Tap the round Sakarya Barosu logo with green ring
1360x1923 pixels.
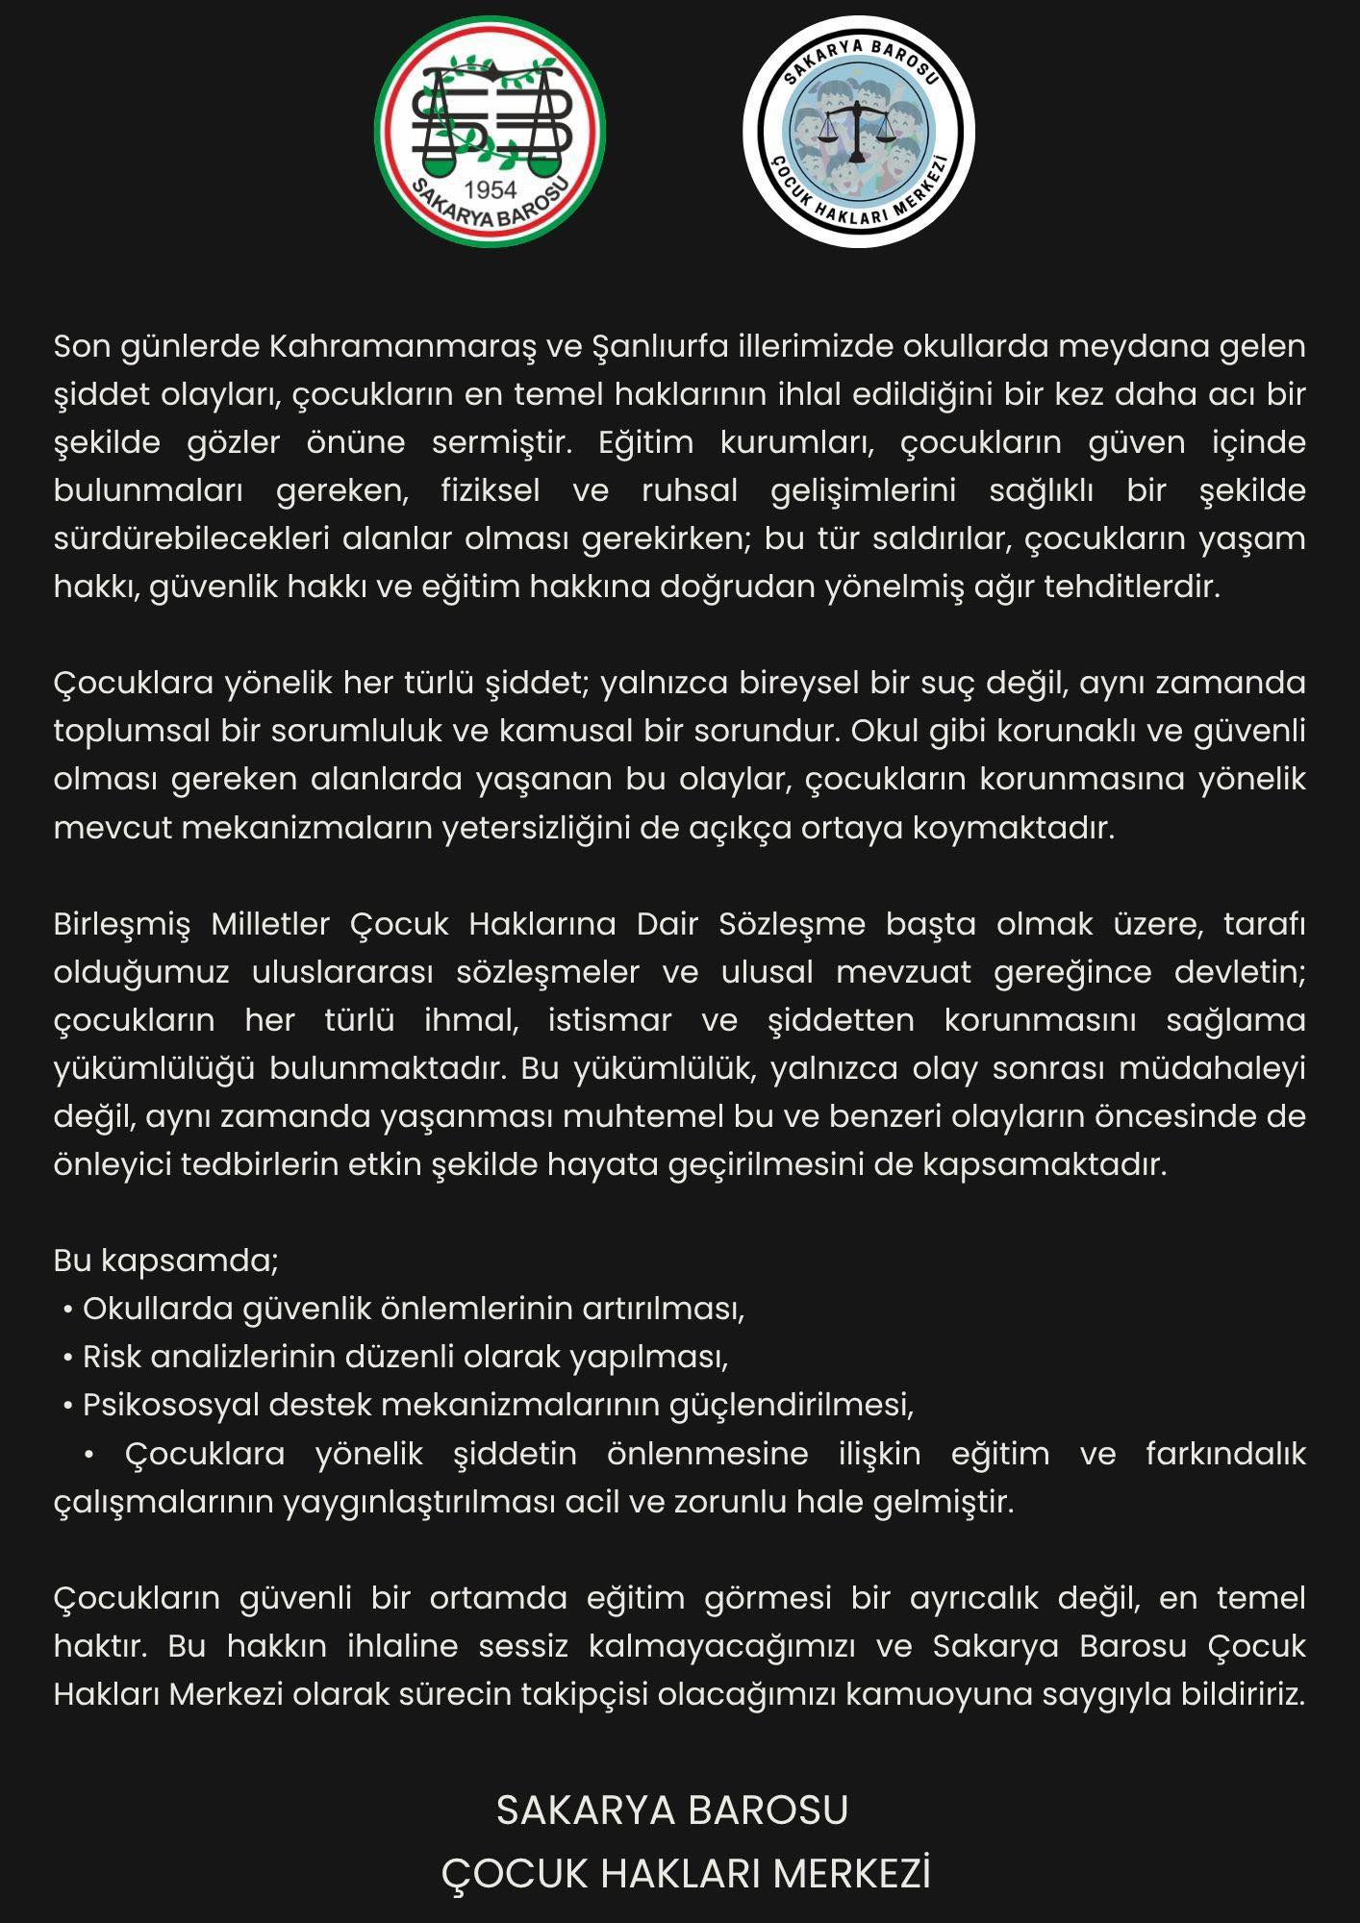click(490, 131)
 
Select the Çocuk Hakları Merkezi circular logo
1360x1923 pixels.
click(859, 131)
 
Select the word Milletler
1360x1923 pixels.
click(270, 924)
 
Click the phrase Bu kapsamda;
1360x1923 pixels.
click(165, 1261)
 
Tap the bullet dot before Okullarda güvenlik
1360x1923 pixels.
click(67, 1310)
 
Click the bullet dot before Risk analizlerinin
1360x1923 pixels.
click(67, 1358)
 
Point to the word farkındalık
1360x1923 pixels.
click(1224, 1454)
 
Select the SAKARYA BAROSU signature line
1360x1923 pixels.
click(672, 1811)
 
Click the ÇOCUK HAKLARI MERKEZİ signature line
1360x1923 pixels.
click(686, 1873)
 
